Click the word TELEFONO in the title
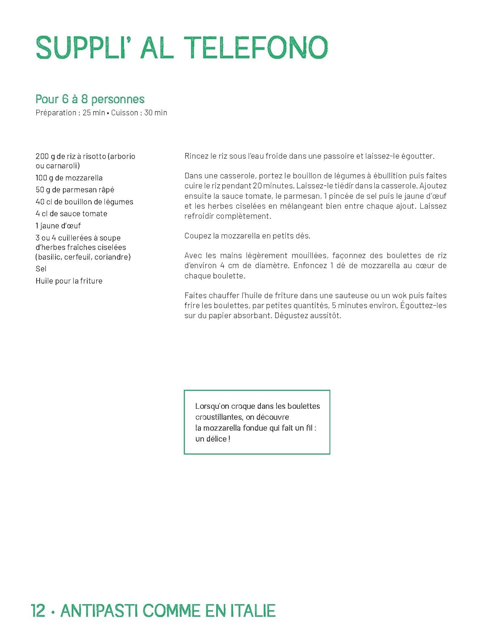(x=256, y=47)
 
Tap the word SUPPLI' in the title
(x=81, y=47)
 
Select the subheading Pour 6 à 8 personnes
(x=90, y=99)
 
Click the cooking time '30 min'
(x=156, y=113)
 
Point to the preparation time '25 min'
(x=94, y=113)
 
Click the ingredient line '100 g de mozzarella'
(x=69, y=178)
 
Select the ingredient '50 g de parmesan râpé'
(x=75, y=190)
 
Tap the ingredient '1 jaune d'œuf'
(x=58, y=226)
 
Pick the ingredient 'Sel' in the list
(x=41, y=269)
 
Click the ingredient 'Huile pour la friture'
(x=69, y=281)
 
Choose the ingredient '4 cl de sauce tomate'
(x=72, y=214)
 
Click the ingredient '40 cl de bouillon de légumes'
(x=84, y=202)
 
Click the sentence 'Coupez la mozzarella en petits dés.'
(x=247, y=236)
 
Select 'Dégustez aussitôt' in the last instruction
(x=307, y=316)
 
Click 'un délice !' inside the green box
(x=213, y=439)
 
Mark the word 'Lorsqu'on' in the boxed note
(x=212, y=406)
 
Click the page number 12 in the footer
(x=38, y=611)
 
